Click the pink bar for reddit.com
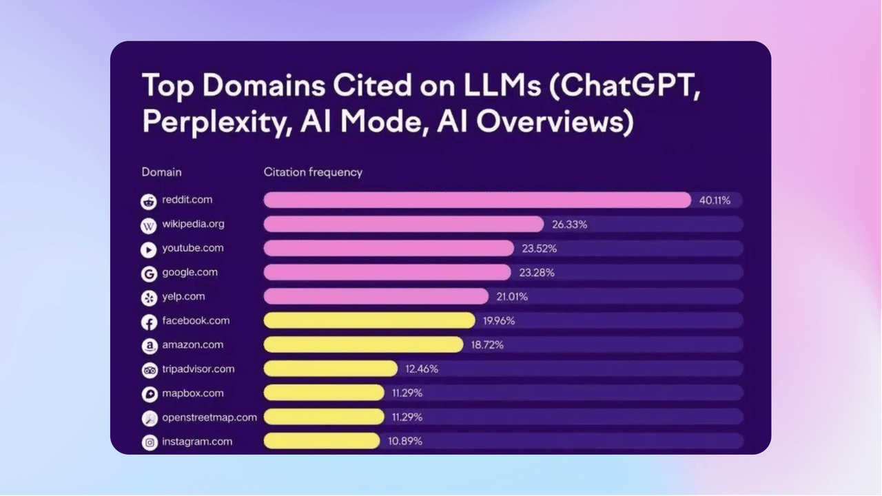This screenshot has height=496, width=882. click(477, 200)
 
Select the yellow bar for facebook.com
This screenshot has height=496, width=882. click(369, 320)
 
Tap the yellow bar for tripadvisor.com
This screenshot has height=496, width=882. click(331, 369)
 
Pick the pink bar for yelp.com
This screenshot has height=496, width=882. click(376, 296)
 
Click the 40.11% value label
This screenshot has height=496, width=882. click(715, 200)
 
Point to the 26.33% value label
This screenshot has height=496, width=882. click(569, 225)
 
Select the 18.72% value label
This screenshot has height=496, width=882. click(487, 345)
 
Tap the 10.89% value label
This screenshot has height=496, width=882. click(406, 442)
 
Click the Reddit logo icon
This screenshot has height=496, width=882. click(149, 201)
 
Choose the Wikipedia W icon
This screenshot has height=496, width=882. click(149, 225)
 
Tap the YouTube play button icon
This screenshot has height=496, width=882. click(149, 249)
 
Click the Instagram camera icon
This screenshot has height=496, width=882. click(149, 442)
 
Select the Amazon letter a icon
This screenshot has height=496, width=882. click(149, 346)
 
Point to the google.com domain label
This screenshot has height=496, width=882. click(189, 272)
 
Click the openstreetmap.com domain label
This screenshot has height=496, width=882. click(209, 417)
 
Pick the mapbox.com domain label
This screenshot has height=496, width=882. click(193, 393)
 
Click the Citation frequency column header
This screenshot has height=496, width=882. click(313, 172)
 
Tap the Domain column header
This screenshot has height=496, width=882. click(161, 172)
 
